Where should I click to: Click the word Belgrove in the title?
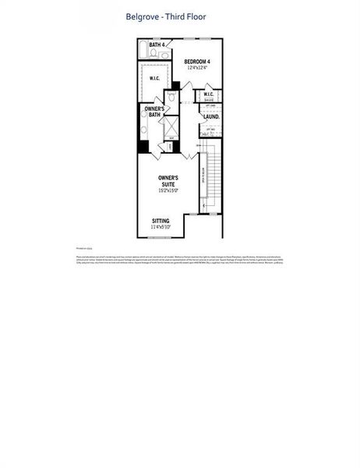[143, 16]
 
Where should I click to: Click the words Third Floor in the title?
[187, 16]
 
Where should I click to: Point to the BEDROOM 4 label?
[197, 62]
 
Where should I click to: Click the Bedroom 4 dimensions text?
[197, 69]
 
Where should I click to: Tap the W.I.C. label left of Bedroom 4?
[155, 78]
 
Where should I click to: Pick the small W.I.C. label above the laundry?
[209, 94]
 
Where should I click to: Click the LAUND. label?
[211, 117]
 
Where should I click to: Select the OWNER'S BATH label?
[154, 112]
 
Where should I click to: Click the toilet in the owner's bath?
[169, 98]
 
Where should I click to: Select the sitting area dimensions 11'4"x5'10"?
[163, 227]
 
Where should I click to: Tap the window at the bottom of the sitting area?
[160, 237]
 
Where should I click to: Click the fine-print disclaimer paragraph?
[180, 261]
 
